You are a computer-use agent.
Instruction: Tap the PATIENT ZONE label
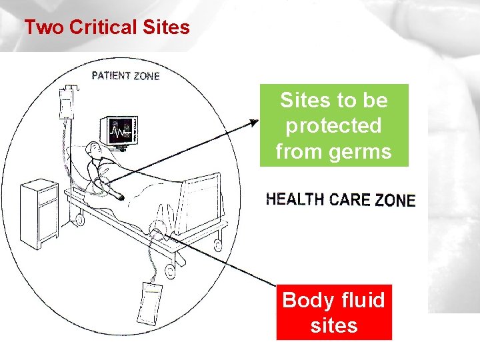[125, 75]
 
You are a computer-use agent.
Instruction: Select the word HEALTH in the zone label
[295, 199]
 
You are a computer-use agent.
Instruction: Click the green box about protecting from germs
[333, 125]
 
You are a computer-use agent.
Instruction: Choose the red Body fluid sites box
[333, 313]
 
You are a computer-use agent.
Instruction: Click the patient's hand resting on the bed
[120, 197]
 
